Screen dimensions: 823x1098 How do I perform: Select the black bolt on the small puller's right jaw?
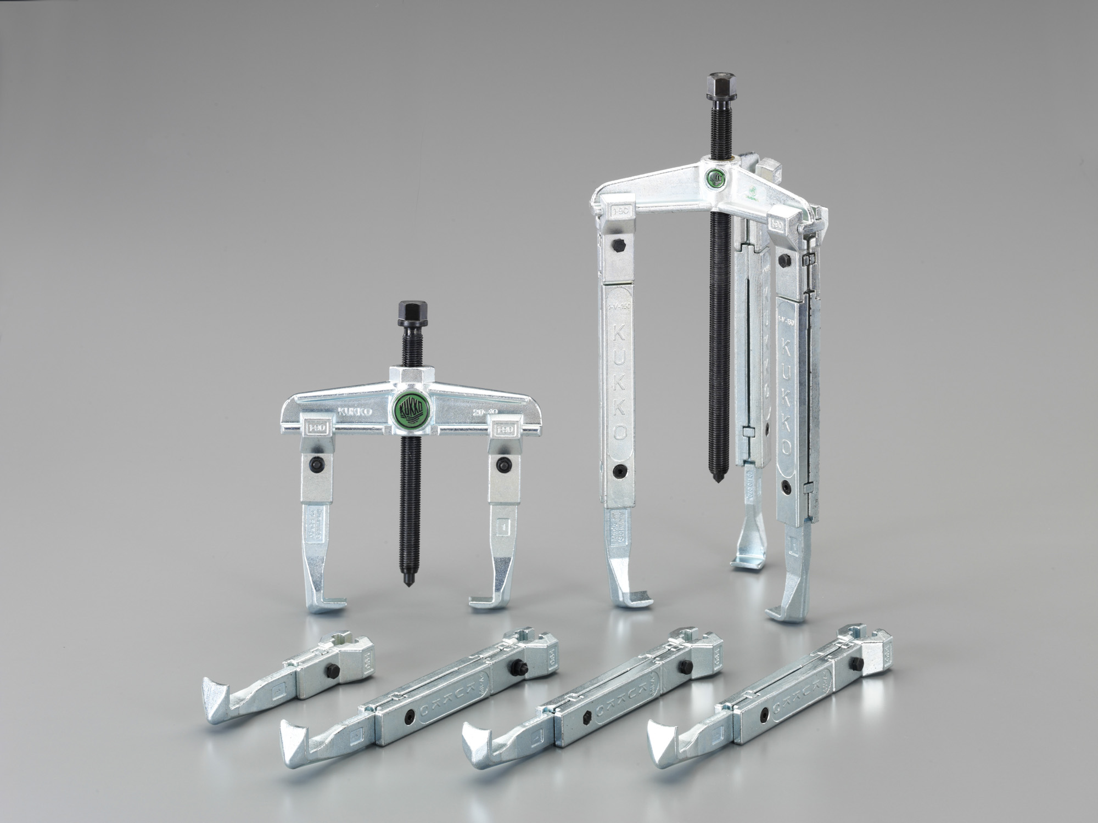(x=501, y=449)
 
